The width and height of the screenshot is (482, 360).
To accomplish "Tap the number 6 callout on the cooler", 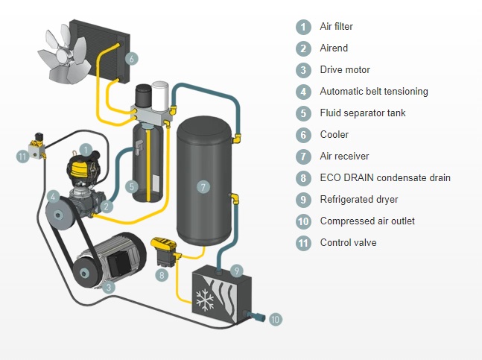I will click(x=131, y=58).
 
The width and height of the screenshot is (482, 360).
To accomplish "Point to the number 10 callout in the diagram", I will click(x=275, y=319).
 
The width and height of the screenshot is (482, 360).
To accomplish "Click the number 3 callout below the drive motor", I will click(x=110, y=287).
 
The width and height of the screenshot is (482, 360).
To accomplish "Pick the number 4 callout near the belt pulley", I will click(x=52, y=197).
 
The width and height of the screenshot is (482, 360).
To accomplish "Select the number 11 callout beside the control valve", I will click(x=23, y=155).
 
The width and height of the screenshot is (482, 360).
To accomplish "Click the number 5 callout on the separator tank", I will click(x=131, y=186).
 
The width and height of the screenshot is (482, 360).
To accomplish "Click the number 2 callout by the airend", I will click(x=107, y=206).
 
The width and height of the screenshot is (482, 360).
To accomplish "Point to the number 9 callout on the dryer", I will click(x=236, y=270).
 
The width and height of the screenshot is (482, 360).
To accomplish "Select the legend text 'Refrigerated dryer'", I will click(x=358, y=200).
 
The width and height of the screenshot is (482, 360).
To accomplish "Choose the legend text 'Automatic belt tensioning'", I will click(x=373, y=92).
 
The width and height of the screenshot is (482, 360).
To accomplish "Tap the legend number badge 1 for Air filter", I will click(x=302, y=27).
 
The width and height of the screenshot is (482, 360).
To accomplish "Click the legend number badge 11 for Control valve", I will click(x=302, y=243).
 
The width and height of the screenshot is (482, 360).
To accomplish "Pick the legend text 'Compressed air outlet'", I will click(x=367, y=221).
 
